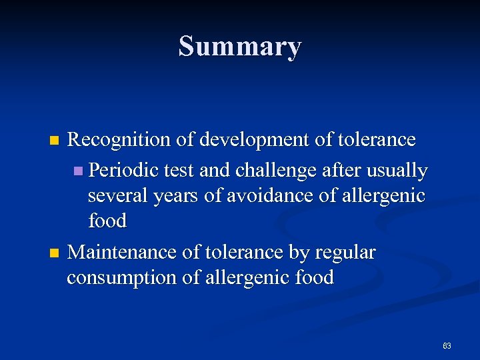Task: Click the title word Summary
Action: [240, 47]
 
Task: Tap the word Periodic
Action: [121, 171]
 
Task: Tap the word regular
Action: [344, 253]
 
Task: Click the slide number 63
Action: [447, 346]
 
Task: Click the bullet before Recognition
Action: [55, 141]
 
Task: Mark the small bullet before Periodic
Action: [79, 171]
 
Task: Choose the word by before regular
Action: [298, 253]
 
